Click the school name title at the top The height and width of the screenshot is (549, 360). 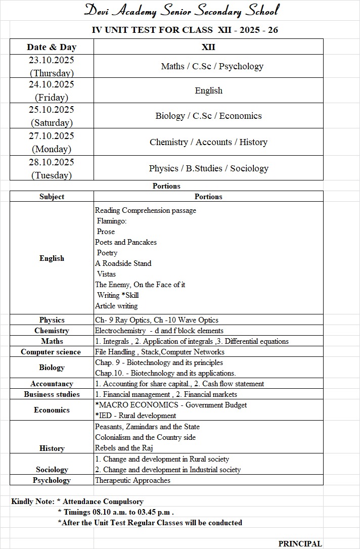[181, 10]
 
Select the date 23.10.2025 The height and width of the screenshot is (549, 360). [51, 60]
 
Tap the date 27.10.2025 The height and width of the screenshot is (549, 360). [51, 136]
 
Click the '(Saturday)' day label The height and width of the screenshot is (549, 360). [52, 123]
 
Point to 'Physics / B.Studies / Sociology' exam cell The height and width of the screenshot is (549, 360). [208, 168]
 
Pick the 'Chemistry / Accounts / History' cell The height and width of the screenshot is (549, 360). [208, 142]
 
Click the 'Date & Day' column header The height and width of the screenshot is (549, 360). [52, 47]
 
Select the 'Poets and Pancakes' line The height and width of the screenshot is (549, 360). [126, 242]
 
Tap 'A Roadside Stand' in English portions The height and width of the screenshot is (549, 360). [123, 263]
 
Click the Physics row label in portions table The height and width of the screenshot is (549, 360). [52, 320]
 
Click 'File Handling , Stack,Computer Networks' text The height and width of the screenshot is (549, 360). [160, 352]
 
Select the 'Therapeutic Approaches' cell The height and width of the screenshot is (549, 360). [133, 480]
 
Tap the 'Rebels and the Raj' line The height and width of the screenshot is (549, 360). [124, 448]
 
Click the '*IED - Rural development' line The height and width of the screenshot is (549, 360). [136, 416]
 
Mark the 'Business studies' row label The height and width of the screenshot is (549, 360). [52, 394]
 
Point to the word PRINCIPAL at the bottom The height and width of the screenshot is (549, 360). [300, 543]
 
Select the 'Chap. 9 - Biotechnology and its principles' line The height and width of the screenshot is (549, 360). [159, 362]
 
